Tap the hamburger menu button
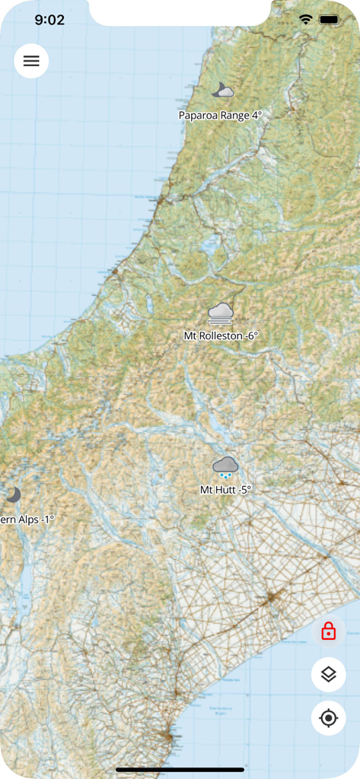pos(31,61)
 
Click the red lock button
pos(328,631)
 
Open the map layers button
pos(328,674)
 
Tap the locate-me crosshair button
pos(328,717)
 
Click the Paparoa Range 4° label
pos(220,116)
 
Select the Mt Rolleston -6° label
pos(221,335)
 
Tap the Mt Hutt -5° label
pos(225,490)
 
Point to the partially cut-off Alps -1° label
pos(27,520)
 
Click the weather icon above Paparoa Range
pos(222,91)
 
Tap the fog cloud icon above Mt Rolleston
pos(221,313)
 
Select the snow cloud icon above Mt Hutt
pos(225,466)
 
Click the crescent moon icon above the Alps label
pos(12,495)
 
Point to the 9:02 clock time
pos(49,20)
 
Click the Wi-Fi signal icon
pos(306,19)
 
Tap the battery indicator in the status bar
pos(329,19)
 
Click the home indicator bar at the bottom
pos(180,770)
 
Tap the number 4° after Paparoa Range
pos(256,116)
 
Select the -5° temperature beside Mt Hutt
pos(244,490)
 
